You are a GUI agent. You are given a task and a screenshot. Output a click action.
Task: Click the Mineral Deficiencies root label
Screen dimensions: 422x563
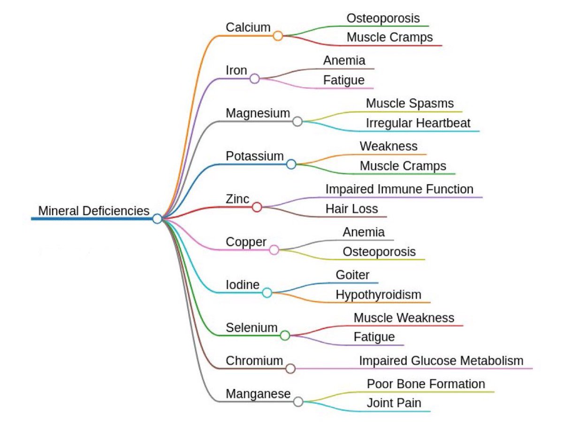click(x=93, y=211)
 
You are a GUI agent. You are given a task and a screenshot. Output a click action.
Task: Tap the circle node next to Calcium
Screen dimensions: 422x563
click(x=278, y=36)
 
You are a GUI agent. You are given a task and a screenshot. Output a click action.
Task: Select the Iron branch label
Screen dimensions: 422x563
click(x=236, y=70)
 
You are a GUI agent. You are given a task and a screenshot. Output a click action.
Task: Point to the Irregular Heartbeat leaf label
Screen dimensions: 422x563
click(x=418, y=123)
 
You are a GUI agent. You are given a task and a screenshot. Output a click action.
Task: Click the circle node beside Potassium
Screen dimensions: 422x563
click(x=291, y=164)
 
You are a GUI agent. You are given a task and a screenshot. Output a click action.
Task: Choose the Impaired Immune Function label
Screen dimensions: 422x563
click(x=399, y=189)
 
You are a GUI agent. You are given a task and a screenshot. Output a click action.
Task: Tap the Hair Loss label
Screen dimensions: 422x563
click(x=351, y=209)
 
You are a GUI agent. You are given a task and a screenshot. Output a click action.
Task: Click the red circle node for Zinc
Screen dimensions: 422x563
click(x=257, y=207)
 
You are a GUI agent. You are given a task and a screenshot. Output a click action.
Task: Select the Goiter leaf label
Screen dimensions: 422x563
click(x=352, y=275)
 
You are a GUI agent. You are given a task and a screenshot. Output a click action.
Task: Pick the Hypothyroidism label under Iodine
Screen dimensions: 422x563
click(x=378, y=294)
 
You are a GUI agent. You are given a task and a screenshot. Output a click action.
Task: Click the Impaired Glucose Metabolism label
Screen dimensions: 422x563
click(x=441, y=361)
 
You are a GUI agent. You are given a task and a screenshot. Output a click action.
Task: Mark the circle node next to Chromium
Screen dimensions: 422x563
click(x=290, y=369)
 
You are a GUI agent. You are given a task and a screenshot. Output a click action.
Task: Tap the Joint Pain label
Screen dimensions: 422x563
click(x=394, y=403)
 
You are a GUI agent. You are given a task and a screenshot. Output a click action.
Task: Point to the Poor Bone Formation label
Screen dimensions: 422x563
click(x=426, y=384)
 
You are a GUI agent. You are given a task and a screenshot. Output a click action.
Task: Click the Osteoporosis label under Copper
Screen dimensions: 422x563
click(x=379, y=251)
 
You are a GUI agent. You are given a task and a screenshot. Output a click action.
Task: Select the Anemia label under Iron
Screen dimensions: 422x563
click(x=344, y=60)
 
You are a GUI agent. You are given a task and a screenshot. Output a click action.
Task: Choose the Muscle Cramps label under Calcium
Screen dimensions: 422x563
click(x=389, y=37)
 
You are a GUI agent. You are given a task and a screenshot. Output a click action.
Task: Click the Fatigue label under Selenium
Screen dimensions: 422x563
click(x=374, y=337)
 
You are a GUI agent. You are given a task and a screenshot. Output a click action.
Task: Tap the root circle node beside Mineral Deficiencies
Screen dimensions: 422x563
click(x=157, y=219)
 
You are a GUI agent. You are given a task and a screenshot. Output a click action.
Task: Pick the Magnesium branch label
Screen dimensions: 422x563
click(x=258, y=113)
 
